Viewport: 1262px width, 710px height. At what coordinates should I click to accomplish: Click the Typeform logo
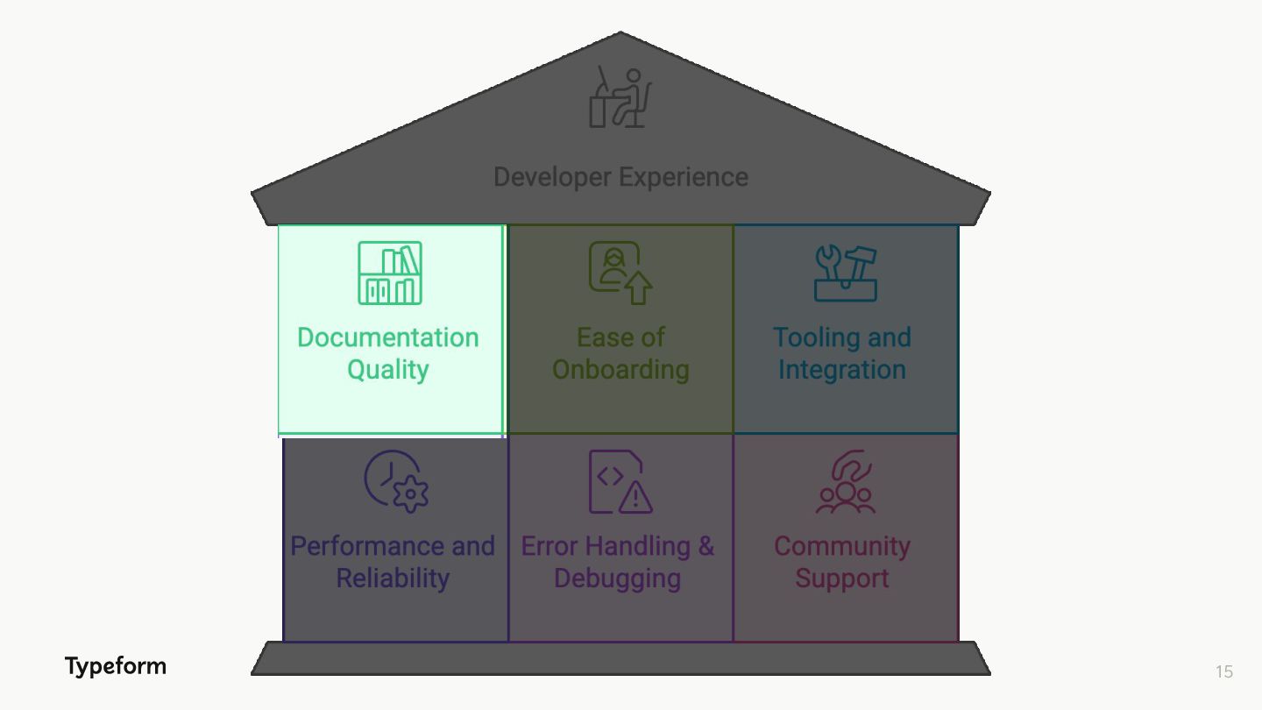[x=115, y=666]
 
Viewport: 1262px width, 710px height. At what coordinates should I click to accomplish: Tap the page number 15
[x=1223, y=671]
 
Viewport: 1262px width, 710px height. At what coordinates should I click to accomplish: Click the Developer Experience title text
[x=620, y=177]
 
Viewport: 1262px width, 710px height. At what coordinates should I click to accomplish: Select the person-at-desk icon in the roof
[x=620, y=97]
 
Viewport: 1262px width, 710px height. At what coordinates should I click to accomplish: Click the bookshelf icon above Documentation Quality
[x=390, y=273]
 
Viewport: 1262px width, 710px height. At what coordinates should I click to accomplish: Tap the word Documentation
[x=387, y=337]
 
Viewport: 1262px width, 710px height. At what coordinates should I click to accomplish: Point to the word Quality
[x=387, y=370]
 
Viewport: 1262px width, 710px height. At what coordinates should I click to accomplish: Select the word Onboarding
[x=620, y=370]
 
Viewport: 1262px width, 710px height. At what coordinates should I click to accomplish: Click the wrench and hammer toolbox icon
[x=845, y=273]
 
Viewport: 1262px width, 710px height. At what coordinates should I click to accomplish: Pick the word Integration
[x=841, y=370]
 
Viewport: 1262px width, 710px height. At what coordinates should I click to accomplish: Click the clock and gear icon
[x=396, y=481]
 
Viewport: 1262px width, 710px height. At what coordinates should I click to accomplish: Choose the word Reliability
[x=393, y=579]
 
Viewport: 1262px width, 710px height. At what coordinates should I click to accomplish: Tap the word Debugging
[x=617, y=579]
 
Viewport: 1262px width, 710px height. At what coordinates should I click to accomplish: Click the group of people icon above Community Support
[x=845, y=482]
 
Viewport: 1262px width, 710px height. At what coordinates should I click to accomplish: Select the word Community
[x=841, y=546]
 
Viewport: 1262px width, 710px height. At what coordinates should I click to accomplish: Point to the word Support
[x=841, y=579]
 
